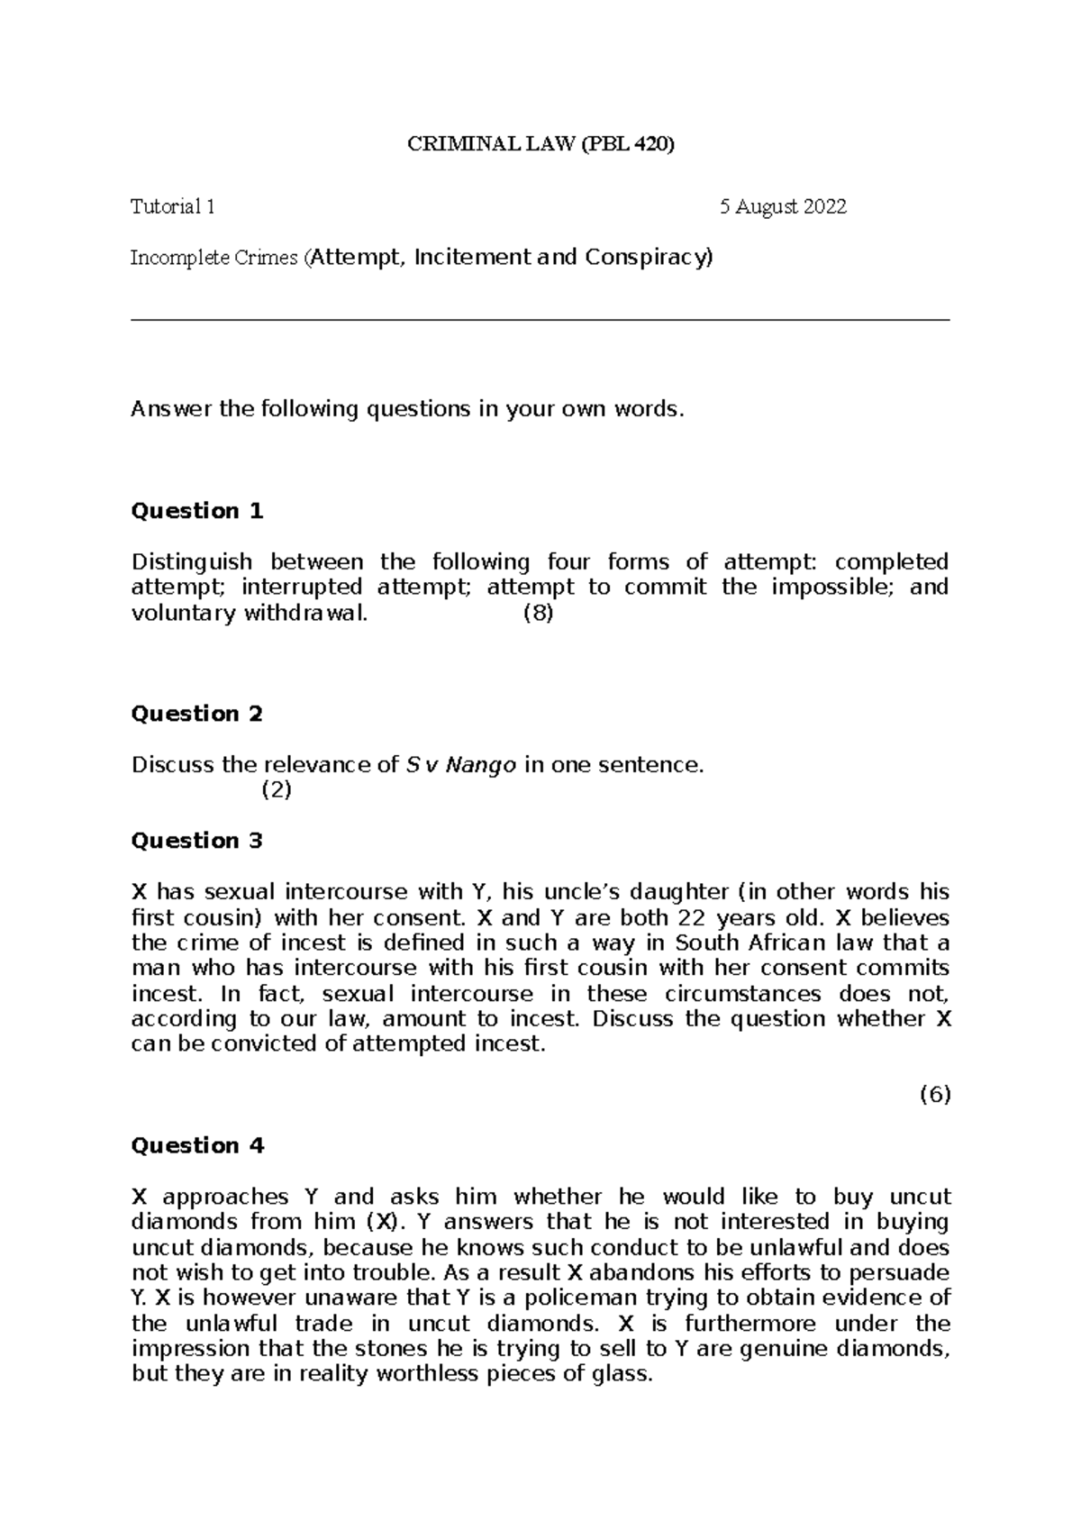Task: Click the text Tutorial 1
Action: pyautogui.click(x=173, y=207)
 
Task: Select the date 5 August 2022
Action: pyautogui.click(x=783, y=207)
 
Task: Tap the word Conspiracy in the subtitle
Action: pyautogui.click(x=648, y=258)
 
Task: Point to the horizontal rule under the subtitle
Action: pyautogui.click(x=540, y=320)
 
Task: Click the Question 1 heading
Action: pyautogui.click(x=197, y=512)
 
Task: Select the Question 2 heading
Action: pyautogui.click(x=197, y=715)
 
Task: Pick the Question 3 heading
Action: pyautogui.click(x=197, y=842)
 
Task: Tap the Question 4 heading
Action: pyautogui.click(x=197, y=1146)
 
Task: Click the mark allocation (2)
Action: pyautogui.click(x=277, y=791)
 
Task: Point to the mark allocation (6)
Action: pyautogui.click(x=934, y=1096)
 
